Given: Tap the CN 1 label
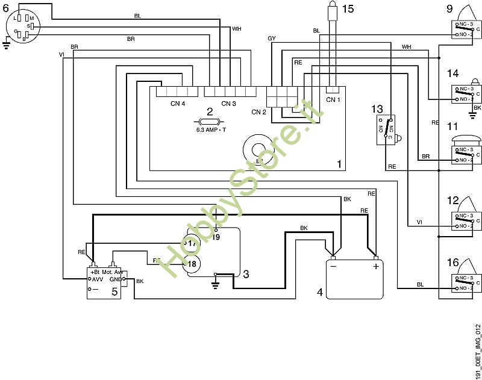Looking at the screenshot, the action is tap(333, 99).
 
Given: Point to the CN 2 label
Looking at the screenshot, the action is tap(259, 111).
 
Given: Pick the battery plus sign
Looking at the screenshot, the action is tap(376, 266).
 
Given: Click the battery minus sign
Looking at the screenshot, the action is tap(333, 266).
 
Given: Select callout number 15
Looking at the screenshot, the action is tap(348, 8).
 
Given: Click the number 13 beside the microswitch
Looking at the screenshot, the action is tap(377, 109).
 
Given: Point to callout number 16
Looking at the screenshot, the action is tap(452, 263).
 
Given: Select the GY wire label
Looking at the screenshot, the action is tap(272, 39).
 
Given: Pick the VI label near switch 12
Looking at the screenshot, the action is tap(419, 223).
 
